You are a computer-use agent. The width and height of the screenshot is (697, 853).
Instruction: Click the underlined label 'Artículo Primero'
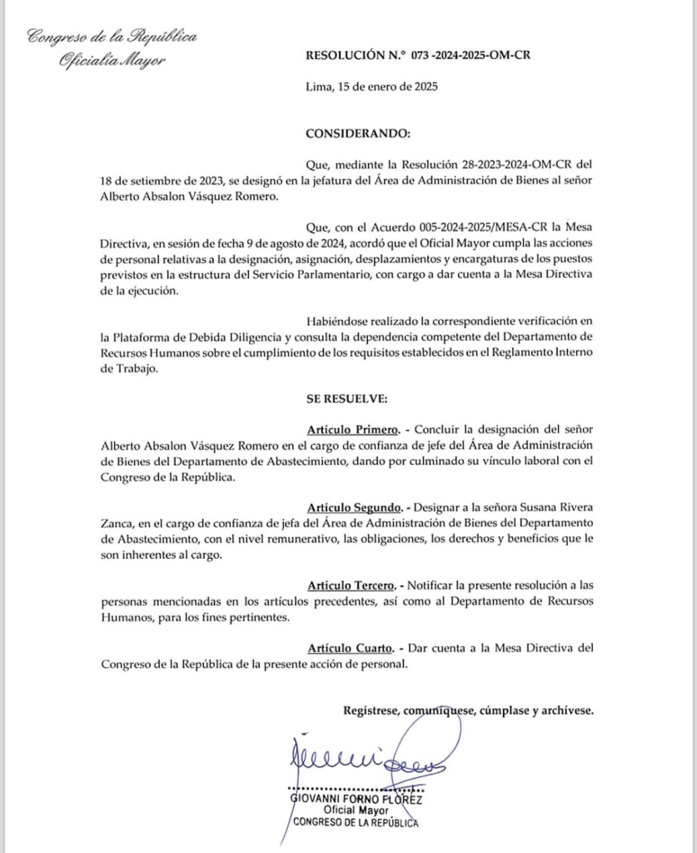(354, 430)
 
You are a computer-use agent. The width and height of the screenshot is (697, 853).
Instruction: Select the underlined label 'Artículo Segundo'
(354, 507)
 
